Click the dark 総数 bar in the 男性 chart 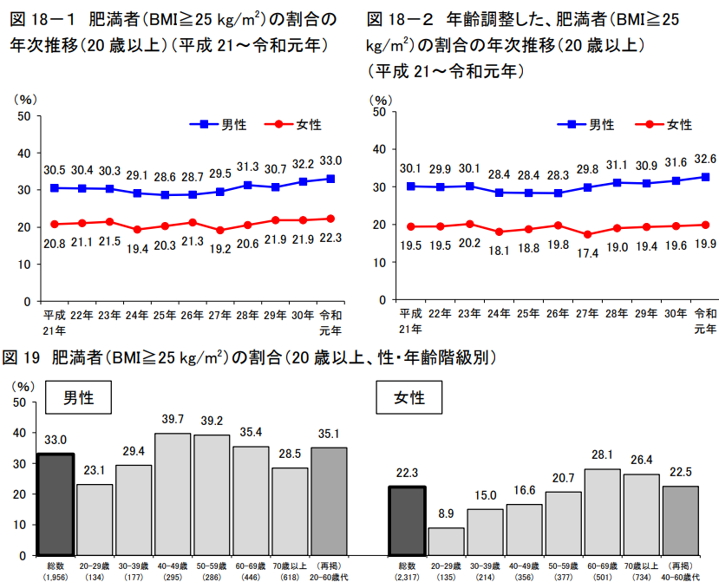(56, 504)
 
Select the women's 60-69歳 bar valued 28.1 (602, 512)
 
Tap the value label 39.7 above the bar (173, 420)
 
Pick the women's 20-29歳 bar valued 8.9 (445, 540)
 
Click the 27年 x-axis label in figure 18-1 (219, 314)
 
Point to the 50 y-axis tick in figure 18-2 (380, 112)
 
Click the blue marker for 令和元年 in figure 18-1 (330, 179)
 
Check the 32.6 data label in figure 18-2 (705, 159)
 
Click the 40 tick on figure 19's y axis (20, 434)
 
